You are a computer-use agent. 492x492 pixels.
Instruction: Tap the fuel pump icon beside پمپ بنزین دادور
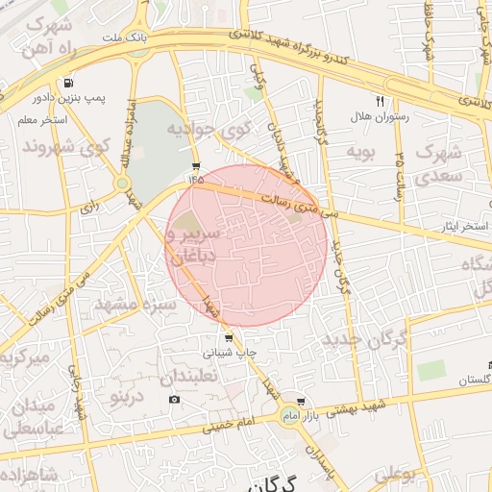(66, 84)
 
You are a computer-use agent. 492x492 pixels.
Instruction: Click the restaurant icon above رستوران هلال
(380, 101)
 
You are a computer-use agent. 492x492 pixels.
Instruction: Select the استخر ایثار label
(462, 226)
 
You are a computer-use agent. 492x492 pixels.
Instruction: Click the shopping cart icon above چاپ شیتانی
(228, 338)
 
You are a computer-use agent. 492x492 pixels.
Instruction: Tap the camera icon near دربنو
(174, 399)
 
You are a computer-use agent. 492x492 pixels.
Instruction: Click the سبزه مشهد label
(135, 307)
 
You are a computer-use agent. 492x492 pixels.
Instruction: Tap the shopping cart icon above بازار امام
(302, 402)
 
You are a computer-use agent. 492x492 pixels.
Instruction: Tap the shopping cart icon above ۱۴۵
(196, 165)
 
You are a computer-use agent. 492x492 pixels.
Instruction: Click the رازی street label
(88, 206)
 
